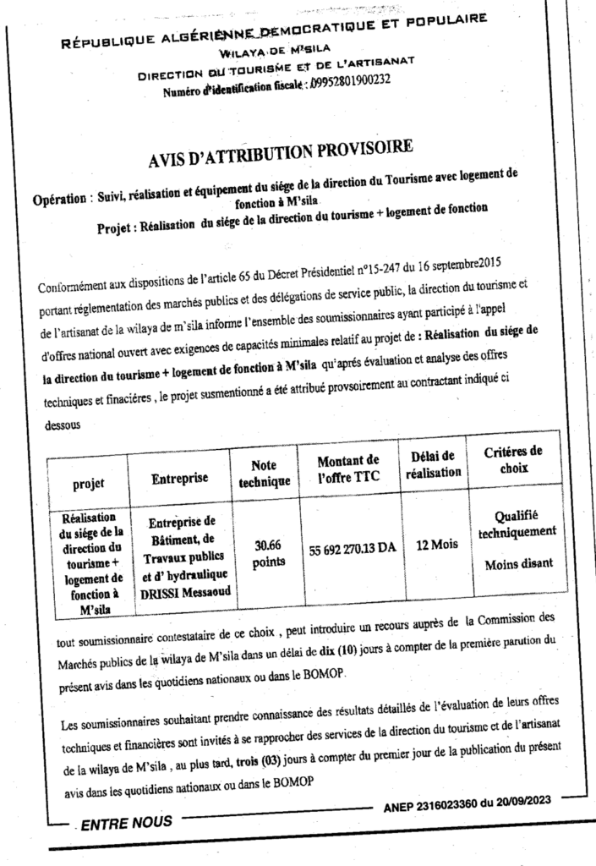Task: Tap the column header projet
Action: pyautogui.click(x=89, y=484)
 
